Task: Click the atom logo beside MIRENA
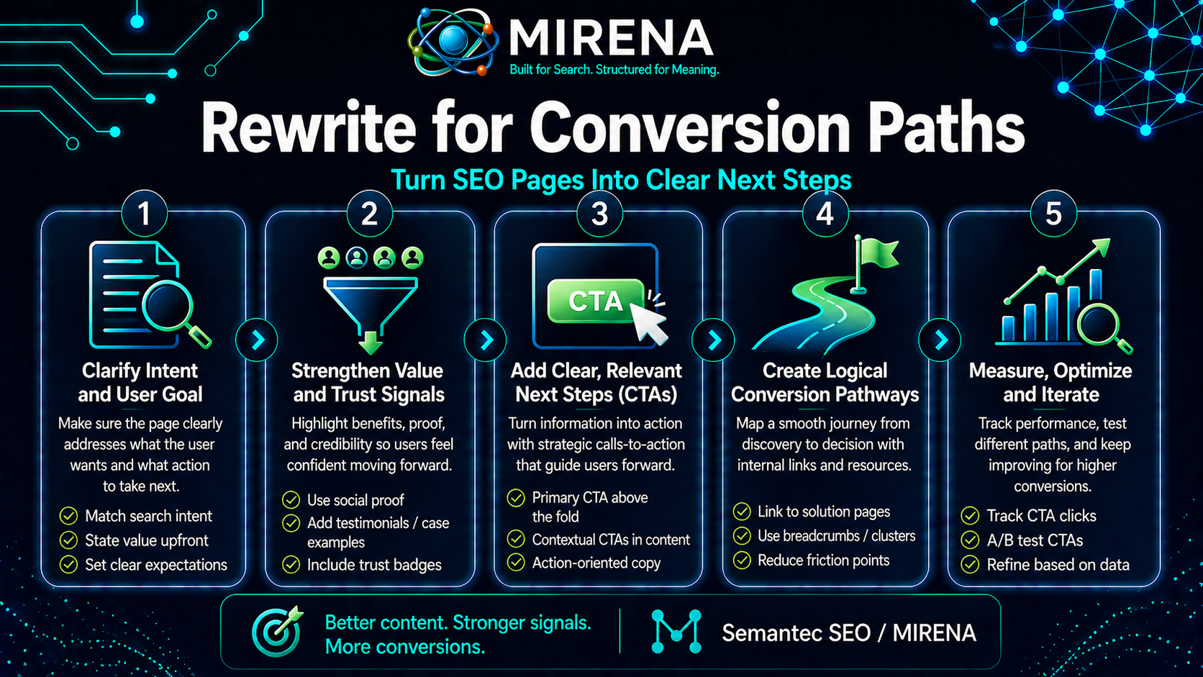(453, 42)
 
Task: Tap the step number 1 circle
(144, 214)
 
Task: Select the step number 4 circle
(825, 214)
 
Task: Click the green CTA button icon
(595, 301)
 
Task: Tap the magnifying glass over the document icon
(169, 305)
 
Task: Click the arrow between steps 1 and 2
(258, 340)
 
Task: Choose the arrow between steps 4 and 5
(940, 340)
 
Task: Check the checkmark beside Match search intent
(68, 516)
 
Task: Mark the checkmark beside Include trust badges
(291, 565)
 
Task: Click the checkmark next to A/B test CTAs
(970, 540)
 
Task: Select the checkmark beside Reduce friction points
(742, 560)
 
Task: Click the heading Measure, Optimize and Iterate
(1050, 382)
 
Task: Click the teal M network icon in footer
(676, 632)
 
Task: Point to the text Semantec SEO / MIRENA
(849, 633)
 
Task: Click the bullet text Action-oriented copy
(596, 563)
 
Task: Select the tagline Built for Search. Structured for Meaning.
(614, 70)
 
